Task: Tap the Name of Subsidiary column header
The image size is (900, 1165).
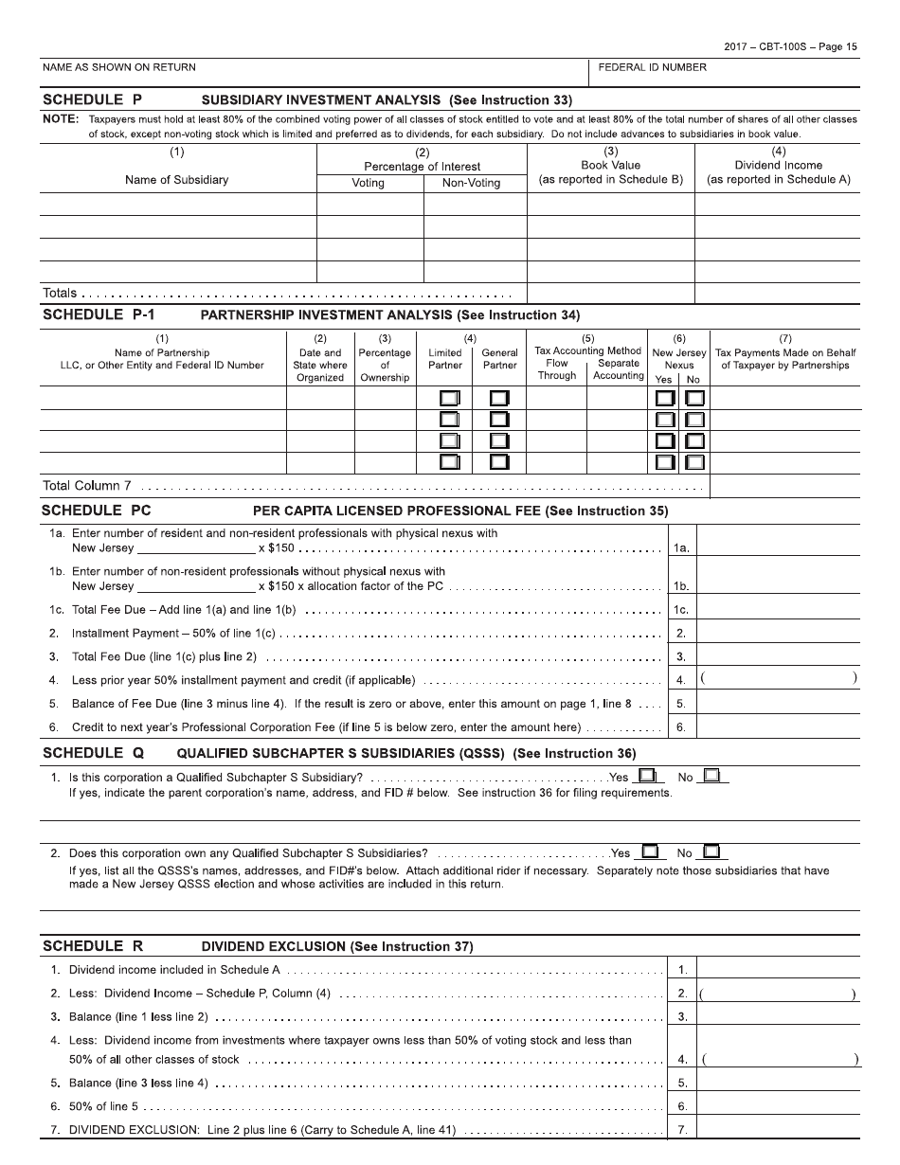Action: pos(176,180)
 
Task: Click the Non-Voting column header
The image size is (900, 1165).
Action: pos(471,183)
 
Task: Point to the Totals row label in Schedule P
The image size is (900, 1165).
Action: pos(60,293)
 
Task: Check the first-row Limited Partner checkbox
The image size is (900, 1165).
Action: pos(449,398)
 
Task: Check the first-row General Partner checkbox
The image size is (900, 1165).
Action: pos(499,398)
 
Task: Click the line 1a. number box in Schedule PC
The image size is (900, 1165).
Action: pos(682,547)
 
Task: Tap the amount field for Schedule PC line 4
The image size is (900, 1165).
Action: pos(778,679)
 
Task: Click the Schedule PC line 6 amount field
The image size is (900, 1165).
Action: pos(778,727)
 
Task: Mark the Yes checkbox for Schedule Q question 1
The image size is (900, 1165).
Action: pos(647,776)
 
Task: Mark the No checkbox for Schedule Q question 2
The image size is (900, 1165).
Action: pos(711,851)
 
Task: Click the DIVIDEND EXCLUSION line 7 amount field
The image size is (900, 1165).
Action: pos(778,1129)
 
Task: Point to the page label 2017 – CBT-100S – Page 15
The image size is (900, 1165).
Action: pos(790,45)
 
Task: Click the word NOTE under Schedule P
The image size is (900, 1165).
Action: pos(61,119)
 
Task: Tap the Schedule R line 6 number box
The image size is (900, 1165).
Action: pos(682,1106)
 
